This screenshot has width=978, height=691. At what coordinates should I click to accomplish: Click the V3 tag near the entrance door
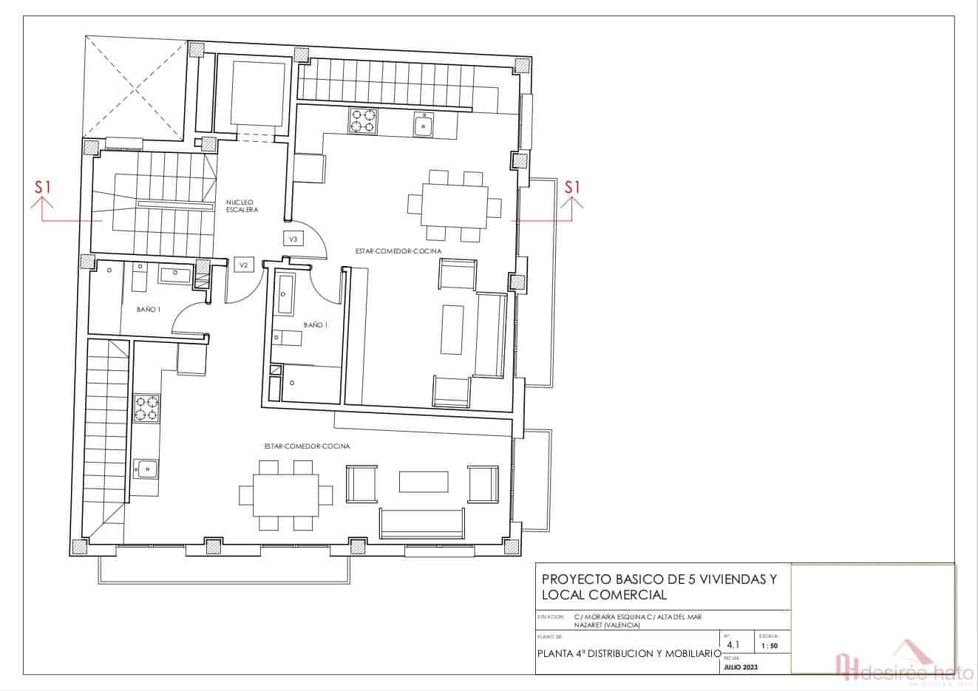[x=293, y=239]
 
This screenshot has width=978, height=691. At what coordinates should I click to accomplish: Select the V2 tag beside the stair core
[x=243, y=265]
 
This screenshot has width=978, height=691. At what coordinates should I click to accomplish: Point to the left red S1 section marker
[x=43, y=188]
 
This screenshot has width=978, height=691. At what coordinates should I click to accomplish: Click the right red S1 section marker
[x=572, y=188]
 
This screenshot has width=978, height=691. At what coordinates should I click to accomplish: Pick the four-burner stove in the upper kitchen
[x=362, y=120]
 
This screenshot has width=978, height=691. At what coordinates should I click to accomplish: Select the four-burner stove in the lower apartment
[x=146, y=409]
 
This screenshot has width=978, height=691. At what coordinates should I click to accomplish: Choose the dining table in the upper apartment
[x=455, y=205]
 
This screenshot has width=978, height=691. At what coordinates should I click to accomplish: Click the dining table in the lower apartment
[x=285, y=494]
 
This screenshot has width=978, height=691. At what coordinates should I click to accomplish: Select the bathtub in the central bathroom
[x=285, y=296]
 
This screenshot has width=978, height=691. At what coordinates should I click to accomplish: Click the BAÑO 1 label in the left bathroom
[x=148, y=310]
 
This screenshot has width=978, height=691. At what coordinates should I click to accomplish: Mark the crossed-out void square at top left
[x=135, y=87]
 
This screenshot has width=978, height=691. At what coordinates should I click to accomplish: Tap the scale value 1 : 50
[x=768, y=646]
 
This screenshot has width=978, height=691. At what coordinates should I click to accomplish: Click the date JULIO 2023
[x=741, y=667]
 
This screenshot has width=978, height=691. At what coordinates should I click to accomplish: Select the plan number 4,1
[x=733, y=644]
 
